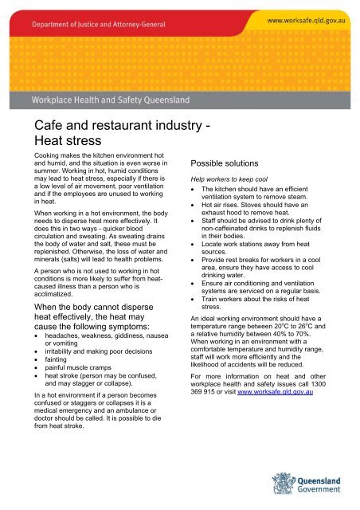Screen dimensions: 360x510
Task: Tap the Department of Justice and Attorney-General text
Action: [90, 22]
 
